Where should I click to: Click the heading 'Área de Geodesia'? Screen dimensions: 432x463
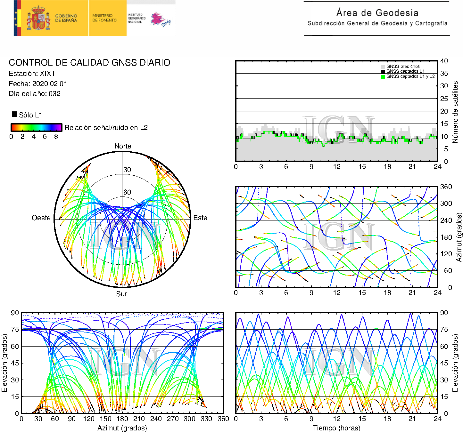click(377, 13)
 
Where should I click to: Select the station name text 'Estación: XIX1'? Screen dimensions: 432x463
click(32, 73)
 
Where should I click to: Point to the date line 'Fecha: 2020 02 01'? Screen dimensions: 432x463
click(38, 84)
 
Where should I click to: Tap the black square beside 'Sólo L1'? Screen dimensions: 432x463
click(15, 114)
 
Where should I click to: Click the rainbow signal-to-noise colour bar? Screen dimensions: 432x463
click(36, 127)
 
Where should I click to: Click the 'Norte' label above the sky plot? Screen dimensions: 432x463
click(123, 146)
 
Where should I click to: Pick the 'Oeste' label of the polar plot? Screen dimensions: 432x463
click(41, 218)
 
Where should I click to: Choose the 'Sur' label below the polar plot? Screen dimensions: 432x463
click(121, 294)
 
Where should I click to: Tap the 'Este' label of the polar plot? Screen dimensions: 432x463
click(200, 218)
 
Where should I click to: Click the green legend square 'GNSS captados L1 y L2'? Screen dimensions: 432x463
click(383, 77)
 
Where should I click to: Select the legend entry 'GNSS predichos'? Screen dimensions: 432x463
click(403, 66)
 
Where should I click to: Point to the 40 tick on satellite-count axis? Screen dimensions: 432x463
click(444, 61)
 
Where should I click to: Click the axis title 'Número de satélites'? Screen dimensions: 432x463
click(455, 112)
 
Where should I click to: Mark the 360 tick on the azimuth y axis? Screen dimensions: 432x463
click(446, 187)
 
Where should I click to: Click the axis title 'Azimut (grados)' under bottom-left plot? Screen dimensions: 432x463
click(122, 428)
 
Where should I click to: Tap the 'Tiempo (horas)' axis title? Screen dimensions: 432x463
click(336, 428)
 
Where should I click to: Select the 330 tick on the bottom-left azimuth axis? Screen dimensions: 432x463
click(206, 419)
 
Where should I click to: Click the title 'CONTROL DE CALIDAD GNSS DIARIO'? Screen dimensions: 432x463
click(89, 62)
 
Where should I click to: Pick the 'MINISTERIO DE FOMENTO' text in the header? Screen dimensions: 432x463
click(104, 18)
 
